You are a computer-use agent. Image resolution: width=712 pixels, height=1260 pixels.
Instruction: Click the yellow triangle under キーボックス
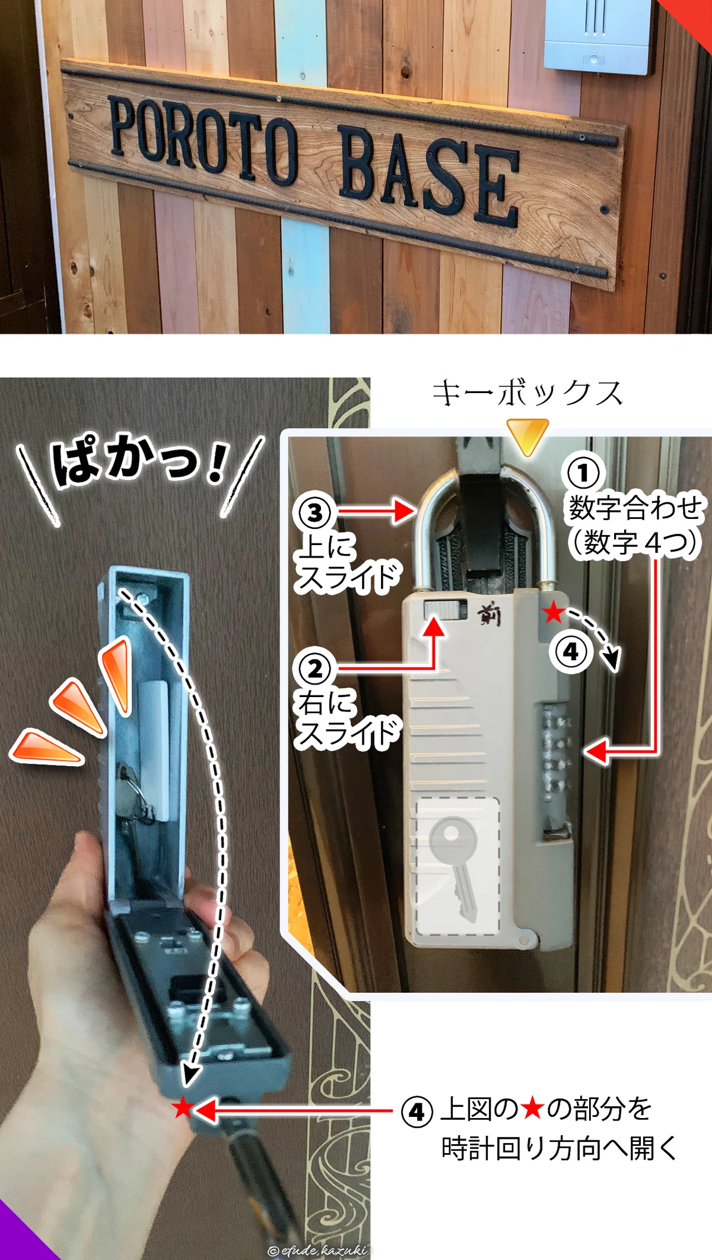pos(527,436)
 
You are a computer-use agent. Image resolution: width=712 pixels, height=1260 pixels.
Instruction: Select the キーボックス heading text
pos(527,393)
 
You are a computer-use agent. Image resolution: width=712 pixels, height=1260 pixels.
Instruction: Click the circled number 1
pos(583,473)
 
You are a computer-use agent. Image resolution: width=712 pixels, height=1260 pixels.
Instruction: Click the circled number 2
pos(314,669)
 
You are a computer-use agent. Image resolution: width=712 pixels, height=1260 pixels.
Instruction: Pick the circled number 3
pos(314,512)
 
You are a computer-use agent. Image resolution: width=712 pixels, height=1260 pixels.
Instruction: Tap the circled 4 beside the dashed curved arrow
pos(571,651)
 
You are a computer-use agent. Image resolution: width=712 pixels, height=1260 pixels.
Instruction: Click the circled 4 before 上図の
pos(417,1112)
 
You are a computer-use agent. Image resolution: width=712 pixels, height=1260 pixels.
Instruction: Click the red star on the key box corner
pos(553,612)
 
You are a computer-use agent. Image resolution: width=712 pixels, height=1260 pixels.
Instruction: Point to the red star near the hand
pos(183,1107)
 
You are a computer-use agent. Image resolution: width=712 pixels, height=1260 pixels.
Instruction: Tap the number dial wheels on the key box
pos(557,753)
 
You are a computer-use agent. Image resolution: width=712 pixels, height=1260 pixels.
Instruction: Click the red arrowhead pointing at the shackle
pos(404,511)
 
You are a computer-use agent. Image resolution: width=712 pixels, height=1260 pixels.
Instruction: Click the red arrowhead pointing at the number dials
pos(596,751)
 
